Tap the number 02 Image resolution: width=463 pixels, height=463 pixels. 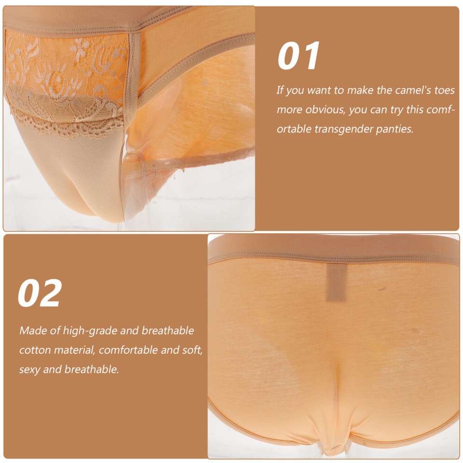40,293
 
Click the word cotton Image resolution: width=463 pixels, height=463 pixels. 33,350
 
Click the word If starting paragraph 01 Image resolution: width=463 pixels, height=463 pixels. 280,90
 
